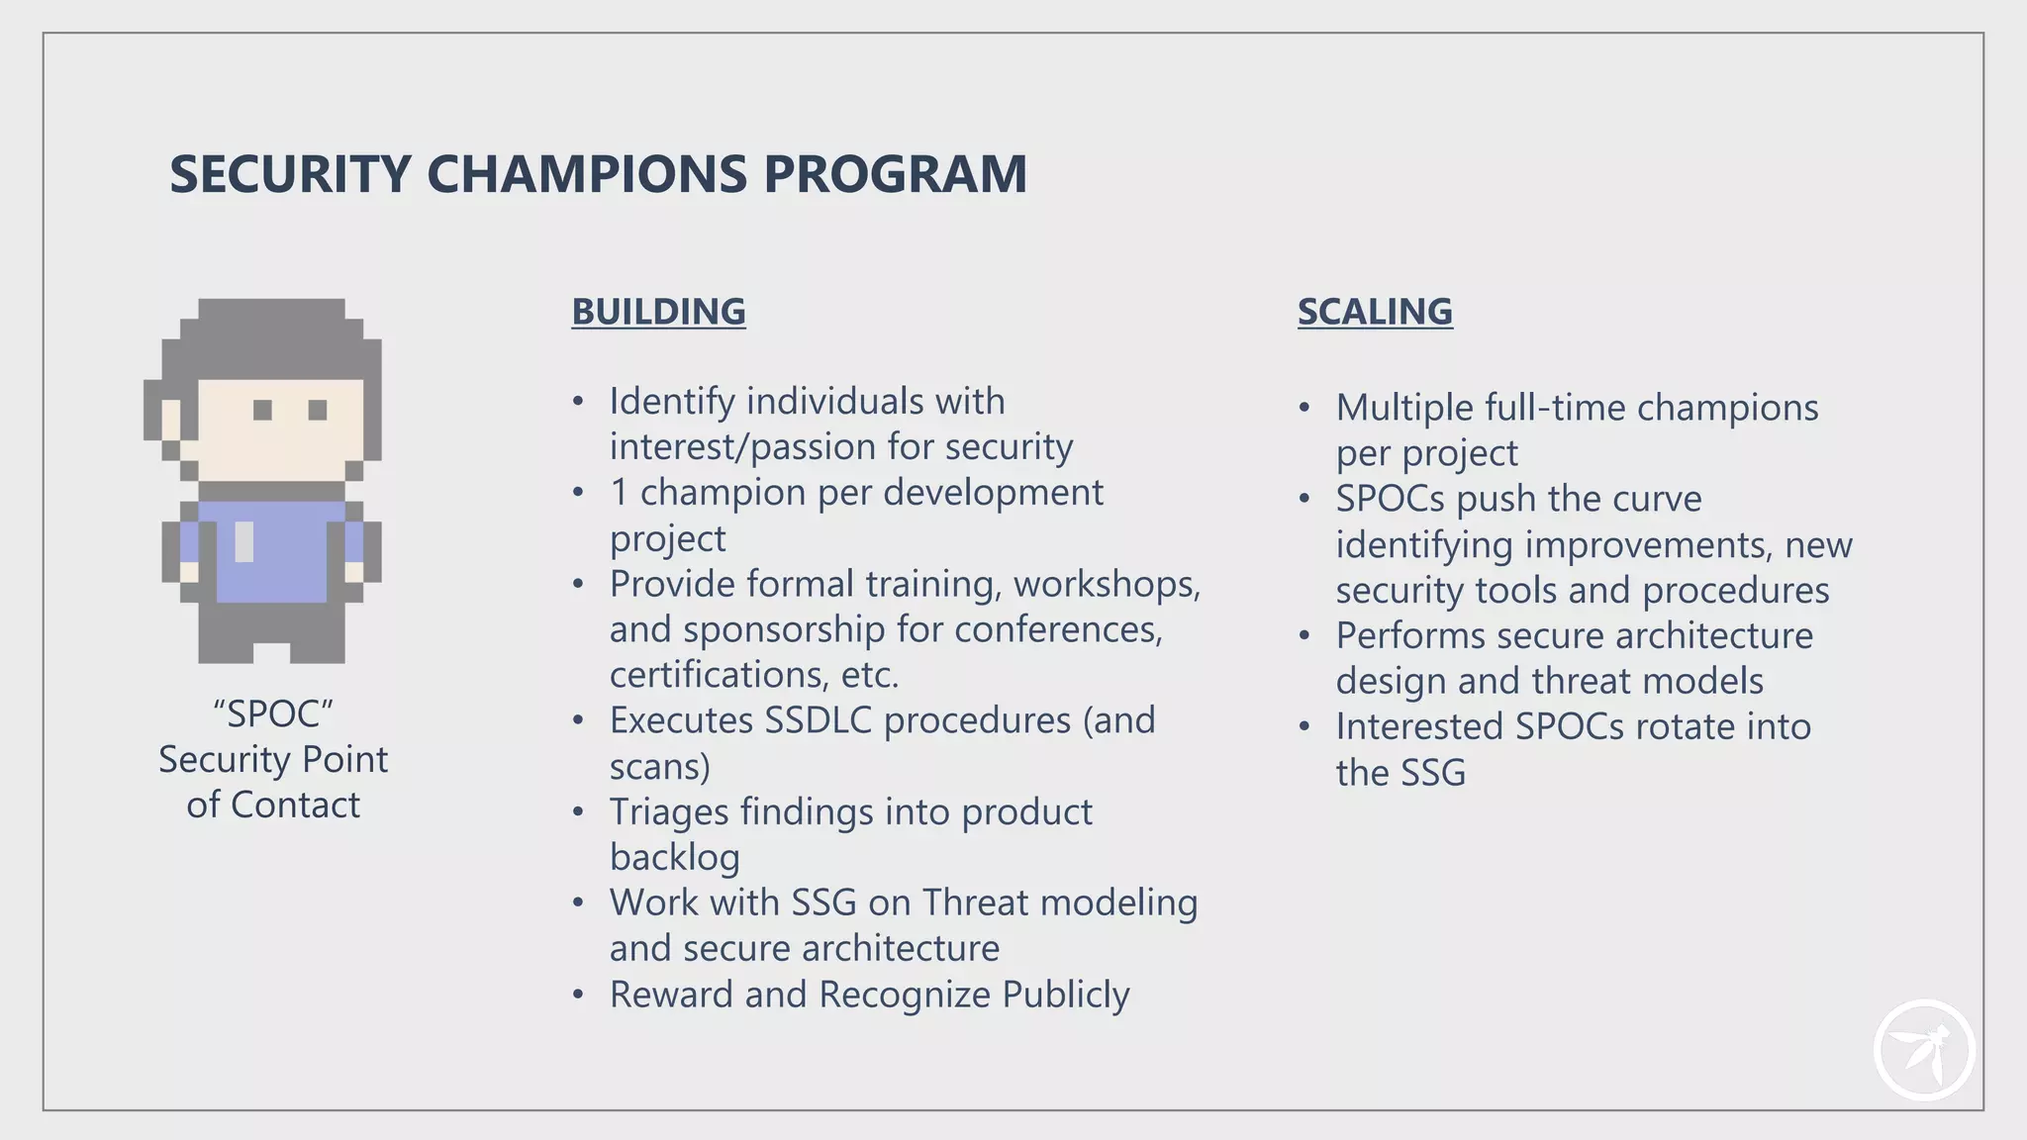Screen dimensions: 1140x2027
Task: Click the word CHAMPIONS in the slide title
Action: pyautogui.click(x=587, y=174)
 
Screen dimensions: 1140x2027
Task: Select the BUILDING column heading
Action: pyautogui.click(x=658, y=312)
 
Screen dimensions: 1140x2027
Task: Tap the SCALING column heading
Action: pyautogui.click(x=1375, y=312)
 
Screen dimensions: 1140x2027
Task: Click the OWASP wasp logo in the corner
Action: pyautogui.click(x=1923, y=1051)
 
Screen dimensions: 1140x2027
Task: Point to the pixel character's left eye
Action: pyautogui.click(x=262, y=410)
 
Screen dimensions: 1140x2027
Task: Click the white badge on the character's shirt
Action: pyautogui.click(x=243, y=541)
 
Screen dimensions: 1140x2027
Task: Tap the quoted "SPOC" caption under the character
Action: pyautogui.click(x=273, y=714)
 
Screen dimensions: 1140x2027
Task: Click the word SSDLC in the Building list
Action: pyautogui.click(x=819, y=720)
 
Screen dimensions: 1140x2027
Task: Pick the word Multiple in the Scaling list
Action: pyautogui.click(x=1403, y=408)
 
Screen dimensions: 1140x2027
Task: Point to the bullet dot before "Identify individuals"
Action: pyautogui.click(x=578, y=403)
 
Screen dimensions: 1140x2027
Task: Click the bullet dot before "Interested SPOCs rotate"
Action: pyautogui.click(x=1304, y=727)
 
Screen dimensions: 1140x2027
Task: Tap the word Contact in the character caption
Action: pyautogui.click(x=295, y=806)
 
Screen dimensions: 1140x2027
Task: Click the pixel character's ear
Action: pyautogui.click(x=171, y=419)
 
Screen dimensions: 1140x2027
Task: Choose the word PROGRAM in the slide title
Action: pyautogui.click(x=895, y=174)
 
